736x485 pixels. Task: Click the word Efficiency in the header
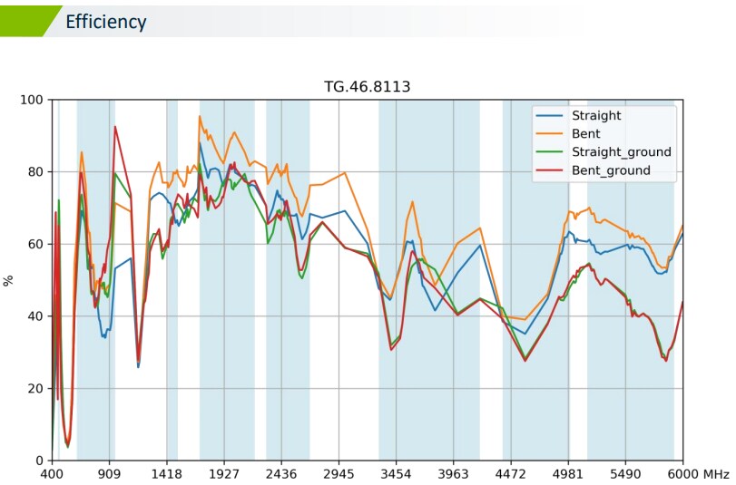point(106,22)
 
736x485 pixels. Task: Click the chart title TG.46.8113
point(368,87)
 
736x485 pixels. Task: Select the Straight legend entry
point(596,116)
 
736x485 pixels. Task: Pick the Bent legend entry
point(585,134)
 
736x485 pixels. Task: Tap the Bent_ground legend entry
point(611,170)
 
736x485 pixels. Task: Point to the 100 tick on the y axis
point(32,100)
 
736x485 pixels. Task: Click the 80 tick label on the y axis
point(35,171)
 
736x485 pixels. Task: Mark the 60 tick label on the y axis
point(35,244)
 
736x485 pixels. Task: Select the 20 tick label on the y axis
point(35,388)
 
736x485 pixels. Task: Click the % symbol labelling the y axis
point(9,280)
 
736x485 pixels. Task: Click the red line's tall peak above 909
point(115,127)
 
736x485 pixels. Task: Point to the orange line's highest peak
point(200,116)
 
